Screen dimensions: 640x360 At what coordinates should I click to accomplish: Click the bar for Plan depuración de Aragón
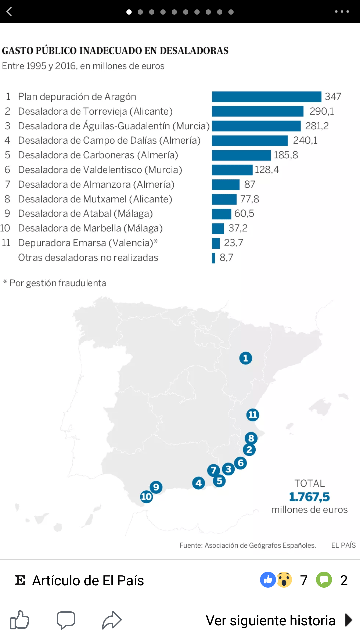pyautogui.click(x=266, y=97)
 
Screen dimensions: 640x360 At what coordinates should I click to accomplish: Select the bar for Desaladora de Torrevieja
pyautogui.click(x=258, y=111)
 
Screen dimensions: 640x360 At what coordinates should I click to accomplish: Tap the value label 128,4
pyautogui.click(x=267, y=170)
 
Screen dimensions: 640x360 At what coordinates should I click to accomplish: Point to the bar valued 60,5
pyautogui.click(x=221, y=214)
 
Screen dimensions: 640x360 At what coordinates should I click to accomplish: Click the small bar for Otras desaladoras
pyautogui.click(x=213, y=258)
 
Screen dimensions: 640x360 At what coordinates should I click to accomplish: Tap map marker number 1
pyautogui.click(x=246, y=358)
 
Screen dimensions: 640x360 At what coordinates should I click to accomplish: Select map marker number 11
pyautogui.click(x=253, y=415)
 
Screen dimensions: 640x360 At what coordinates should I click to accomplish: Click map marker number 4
pyautogui.click(x=199, y=483)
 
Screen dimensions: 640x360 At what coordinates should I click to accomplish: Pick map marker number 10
pyautogui.click(x=146, y=497)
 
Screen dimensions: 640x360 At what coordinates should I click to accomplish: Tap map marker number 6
pyautogui.click(x=240, y=463)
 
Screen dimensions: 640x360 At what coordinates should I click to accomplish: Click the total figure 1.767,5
pyautogui.click(x=309, y=497)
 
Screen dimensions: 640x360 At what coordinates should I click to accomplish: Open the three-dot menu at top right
pyautogui.click(x=342, y=12)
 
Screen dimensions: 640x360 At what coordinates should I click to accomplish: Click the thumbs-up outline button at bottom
pyautogui.click(x=20, y=620)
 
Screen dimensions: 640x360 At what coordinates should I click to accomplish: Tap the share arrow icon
pyautogui.click(x=112, y=620)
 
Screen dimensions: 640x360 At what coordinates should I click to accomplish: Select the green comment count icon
pyautogui.click(x=324, y=580)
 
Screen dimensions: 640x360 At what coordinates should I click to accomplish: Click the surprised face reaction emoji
pyautogui.click(x=284, y=580)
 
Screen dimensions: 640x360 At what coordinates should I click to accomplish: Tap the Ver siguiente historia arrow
pyautogui.click(x=348, y=620)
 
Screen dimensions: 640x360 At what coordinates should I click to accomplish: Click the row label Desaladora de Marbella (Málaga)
pyautogui.click(x=90, y=228)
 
